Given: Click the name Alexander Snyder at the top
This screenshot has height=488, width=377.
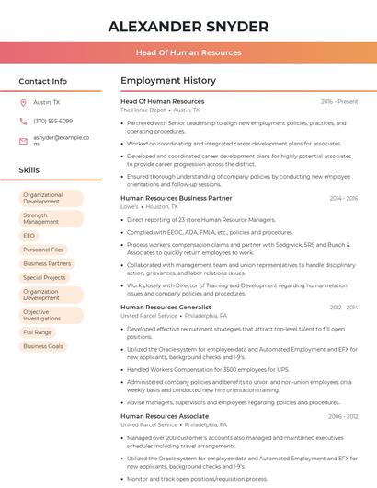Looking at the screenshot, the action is point(188,27).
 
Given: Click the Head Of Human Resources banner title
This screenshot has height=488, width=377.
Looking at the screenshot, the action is point(188,52).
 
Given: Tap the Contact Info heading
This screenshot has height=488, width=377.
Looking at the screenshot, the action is point(42,81).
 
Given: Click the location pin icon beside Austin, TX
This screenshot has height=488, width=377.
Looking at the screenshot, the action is point(23,102).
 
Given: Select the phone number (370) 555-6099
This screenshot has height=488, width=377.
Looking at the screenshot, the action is point(52,121).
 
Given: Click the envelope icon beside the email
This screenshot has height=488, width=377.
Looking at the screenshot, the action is point(23,141).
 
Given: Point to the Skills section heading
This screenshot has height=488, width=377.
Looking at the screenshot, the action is point(29,170).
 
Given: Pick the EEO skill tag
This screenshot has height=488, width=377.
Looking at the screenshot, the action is point(29,236).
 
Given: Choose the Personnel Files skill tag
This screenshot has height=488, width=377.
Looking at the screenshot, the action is point(43,250).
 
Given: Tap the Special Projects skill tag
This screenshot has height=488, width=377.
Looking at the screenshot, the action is point(44,277).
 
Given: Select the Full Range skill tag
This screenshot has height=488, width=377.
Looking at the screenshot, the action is point(38,332).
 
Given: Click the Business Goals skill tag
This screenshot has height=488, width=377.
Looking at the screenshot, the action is point(43,346).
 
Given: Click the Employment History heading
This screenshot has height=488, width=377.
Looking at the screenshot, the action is point(168,81).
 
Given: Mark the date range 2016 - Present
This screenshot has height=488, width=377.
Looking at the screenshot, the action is point(339,101).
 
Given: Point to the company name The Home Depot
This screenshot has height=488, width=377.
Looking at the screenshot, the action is point(143,110).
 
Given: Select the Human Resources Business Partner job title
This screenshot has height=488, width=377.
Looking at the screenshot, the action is point(176,198).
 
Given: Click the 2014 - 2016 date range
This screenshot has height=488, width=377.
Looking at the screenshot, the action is point(343,198).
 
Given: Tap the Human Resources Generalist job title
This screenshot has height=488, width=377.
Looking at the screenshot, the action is point(166,307).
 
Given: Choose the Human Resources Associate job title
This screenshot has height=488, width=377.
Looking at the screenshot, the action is point(164,416).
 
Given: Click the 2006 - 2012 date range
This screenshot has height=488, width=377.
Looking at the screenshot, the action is point(343,416).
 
